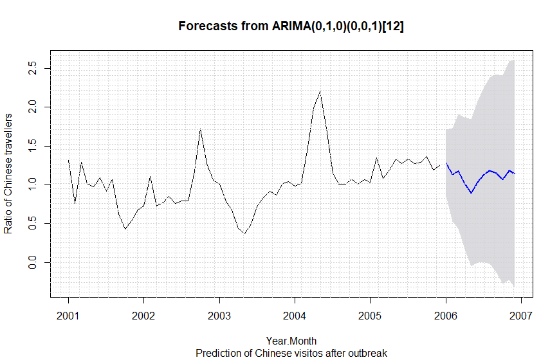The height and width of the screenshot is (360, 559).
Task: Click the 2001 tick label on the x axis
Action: pyautogui.click(x=68, y=316)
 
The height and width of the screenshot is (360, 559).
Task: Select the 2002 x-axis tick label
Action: pyautogui.click(x=143, y=316)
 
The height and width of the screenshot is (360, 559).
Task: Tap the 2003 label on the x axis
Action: pyautogui.click(x=219, y=316)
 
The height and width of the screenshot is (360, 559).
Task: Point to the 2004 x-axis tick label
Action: pyautogui.click(x=295, y=316)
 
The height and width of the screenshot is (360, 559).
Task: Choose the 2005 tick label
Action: pyautogui.click(x=370, y=316)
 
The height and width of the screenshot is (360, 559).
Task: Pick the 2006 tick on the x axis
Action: pyautogui.click(x=446, y=316)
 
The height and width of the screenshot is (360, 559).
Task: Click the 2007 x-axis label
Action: pyautogui.click(x=521, y=316)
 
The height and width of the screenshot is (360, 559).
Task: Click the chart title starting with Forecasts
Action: pyautogui.click(x=291, y=27)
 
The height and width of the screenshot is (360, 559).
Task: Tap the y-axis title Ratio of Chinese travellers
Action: pyautogui.click(x=9, y=174)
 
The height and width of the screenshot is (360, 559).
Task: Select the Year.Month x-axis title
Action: pyautogui.click(x=291, y=341)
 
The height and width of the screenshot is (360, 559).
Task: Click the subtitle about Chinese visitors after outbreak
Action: pyautogui.click(x=291, y=353)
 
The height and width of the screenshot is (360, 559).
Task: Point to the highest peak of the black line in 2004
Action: pyautogui.click(x=320, y=91)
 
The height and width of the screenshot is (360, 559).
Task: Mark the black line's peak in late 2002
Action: pyautogui.click(x=201, y=129)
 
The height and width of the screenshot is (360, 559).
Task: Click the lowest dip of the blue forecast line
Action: pyautogui.click(x=471, y=193)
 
